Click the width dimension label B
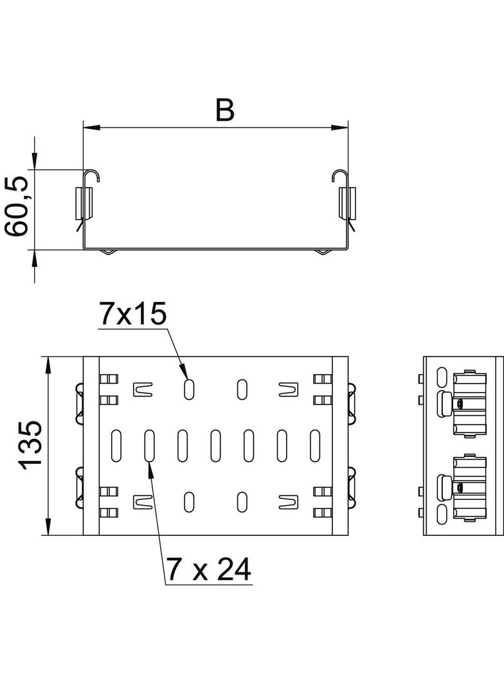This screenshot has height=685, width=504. click(x=225, y=111)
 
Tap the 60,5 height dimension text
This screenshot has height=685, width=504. click(x=17, y=206)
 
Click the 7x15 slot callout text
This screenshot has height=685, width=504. click(x=133, y=315)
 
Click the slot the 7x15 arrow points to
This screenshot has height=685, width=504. click(x=189, y=388)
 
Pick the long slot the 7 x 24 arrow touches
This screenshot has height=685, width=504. click(x=149, y=445)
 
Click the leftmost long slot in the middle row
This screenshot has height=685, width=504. click(x=116, y=445)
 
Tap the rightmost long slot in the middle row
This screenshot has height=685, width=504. click(x=315, y=445)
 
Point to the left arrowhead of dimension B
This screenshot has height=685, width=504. click(x=91, y=128)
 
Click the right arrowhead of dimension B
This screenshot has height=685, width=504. click(x=339, y=128)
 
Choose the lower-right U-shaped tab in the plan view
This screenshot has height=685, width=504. click(x=289, y=502)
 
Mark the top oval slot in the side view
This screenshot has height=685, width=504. click(x=442, y=376)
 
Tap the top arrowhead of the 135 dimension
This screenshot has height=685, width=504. click(x=47, y=365)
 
